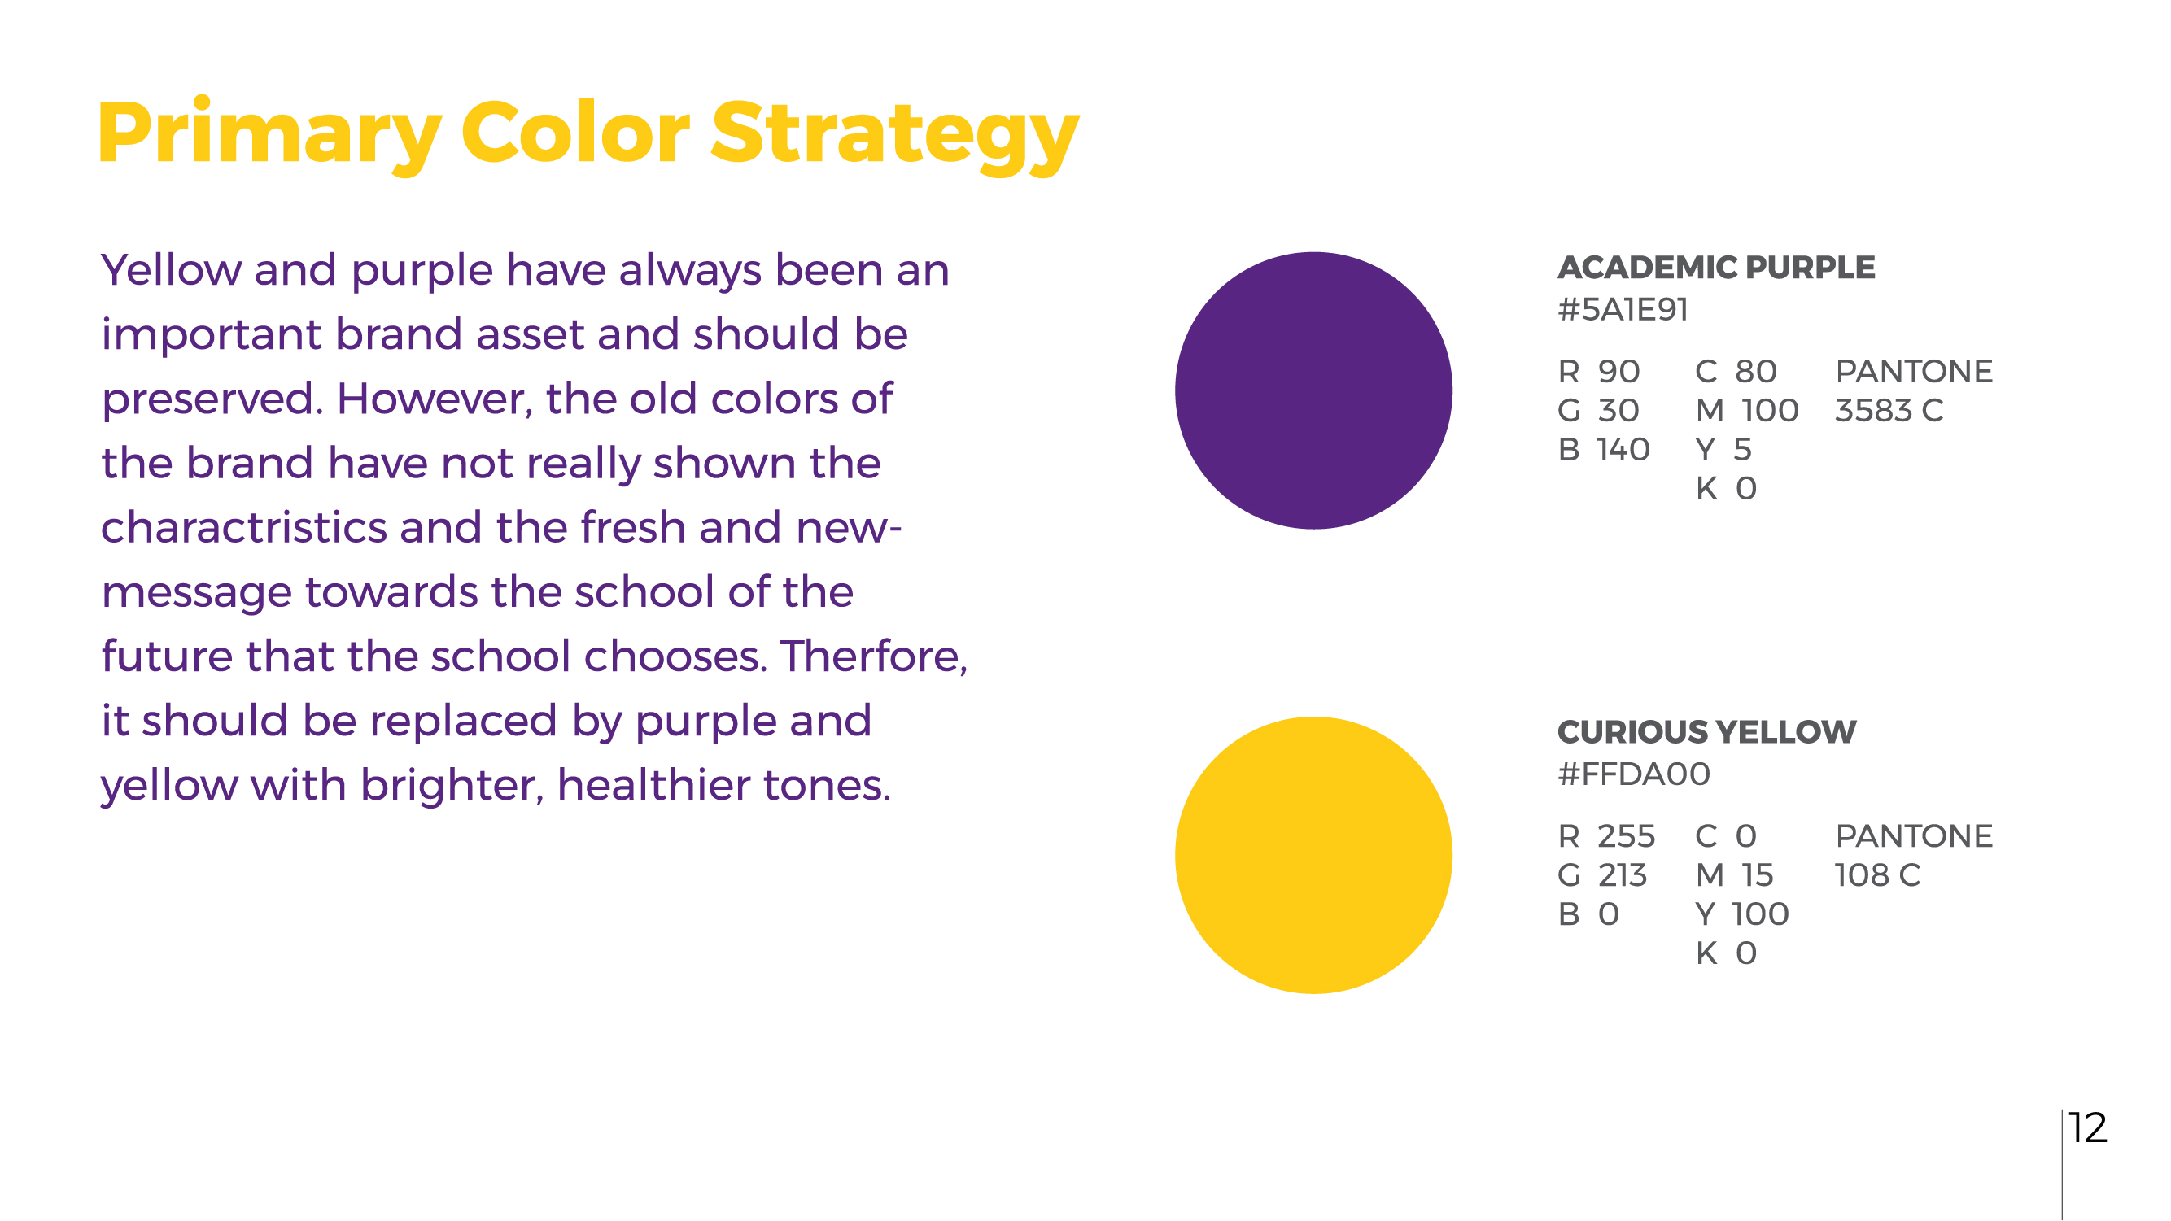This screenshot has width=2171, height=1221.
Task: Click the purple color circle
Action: click(x=1313, y=390)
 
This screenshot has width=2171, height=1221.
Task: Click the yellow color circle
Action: click(x=1313, y=855)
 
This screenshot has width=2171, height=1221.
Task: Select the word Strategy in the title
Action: click(x=895, y=136)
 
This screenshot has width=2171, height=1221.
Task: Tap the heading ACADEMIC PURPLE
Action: click(x=1716, y=267)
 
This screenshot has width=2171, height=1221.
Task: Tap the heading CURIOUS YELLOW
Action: click(x=1706, y=731)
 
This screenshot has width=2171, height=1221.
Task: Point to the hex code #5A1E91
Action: click(x=1623, y=309)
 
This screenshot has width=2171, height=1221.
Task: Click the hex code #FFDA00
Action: click(x=1633, y=774)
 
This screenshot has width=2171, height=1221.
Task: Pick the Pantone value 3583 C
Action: click(x=1889, y=410)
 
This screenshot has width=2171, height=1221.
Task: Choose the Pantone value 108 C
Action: click(x=1878, y=875)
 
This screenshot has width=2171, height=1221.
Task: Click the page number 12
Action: click(x=2087, y=1127)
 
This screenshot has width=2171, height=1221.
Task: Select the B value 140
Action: click(x=1623, y=449)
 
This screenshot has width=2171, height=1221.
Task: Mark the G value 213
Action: click(x=1623, y=875)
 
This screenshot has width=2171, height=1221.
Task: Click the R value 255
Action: click(x=1626, y=836)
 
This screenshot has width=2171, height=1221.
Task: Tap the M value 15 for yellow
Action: click(x=1758, y=875)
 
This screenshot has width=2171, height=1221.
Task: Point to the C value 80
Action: click(x=1755, y=372)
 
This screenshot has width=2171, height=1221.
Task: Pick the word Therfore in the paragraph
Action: click(x=874, y=656)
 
